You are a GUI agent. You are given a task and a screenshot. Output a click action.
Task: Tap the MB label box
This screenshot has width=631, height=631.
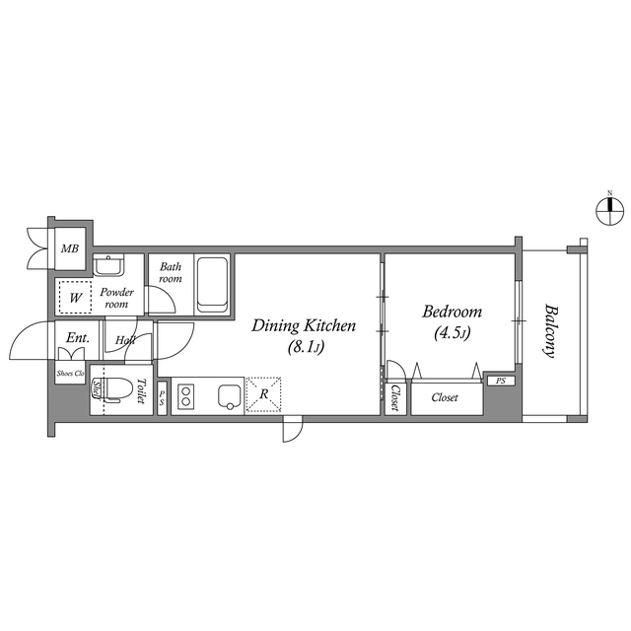point(70,249)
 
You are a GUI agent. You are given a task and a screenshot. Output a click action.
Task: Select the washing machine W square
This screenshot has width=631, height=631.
point(73,297)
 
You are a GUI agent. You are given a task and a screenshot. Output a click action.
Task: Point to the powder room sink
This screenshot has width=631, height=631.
point(107,265)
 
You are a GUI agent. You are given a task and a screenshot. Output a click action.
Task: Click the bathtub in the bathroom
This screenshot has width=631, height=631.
point(212,285)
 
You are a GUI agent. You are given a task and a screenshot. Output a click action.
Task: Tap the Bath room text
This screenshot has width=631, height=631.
point(172,272)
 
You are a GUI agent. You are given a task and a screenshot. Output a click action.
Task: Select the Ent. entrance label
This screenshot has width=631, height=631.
point(77,338)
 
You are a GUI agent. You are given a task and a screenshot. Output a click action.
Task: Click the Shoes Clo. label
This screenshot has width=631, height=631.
point(70,373)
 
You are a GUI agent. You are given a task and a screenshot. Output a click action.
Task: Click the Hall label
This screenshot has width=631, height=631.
point(125,340)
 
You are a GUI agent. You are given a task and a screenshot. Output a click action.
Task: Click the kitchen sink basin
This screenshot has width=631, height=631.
point(230,396)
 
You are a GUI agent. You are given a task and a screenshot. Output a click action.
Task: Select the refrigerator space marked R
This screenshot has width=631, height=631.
point(264,396)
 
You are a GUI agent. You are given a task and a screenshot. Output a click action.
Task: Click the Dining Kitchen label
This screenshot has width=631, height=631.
point(303,325)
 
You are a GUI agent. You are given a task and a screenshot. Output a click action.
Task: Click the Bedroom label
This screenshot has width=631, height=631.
point(451,312)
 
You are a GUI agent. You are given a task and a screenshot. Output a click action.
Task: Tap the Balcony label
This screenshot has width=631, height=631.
point(548,329)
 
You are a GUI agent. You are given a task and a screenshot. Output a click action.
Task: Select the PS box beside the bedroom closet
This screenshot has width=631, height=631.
point(501,381)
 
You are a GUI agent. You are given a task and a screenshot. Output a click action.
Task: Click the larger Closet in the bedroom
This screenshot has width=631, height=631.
point(445,397)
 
